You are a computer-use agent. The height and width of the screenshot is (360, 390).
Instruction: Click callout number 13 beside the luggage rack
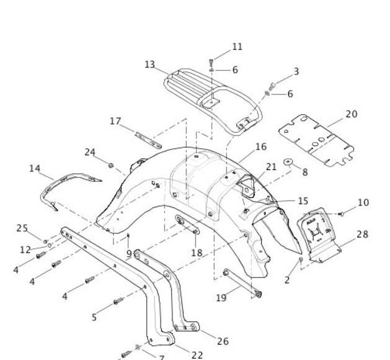149,65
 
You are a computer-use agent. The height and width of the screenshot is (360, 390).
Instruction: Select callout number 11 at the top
237,47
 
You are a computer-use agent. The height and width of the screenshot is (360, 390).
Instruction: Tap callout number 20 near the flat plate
352,114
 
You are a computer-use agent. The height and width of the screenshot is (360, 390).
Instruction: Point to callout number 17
115,121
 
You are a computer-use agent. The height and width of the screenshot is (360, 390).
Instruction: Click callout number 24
90,152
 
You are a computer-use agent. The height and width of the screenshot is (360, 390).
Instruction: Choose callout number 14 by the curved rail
35,169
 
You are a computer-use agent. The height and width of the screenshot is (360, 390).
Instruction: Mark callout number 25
22,228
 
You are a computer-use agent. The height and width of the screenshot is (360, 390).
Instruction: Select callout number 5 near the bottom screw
94,317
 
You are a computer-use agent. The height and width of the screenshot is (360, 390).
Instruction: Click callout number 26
223,341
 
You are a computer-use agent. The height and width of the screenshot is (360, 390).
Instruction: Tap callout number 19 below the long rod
221,298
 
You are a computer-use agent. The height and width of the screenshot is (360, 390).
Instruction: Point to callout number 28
362,234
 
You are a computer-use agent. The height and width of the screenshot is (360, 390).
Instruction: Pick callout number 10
363,203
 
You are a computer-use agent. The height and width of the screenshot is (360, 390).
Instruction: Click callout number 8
305,172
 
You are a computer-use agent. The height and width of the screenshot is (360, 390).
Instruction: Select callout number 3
296,71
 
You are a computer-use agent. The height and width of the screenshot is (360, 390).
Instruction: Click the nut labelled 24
111,165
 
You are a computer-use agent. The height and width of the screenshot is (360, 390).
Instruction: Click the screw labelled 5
118,301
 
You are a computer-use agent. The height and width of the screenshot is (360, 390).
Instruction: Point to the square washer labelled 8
288,162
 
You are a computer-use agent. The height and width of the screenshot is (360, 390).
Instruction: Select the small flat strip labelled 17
148,140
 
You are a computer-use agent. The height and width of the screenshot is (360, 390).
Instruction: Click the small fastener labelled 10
342,214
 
